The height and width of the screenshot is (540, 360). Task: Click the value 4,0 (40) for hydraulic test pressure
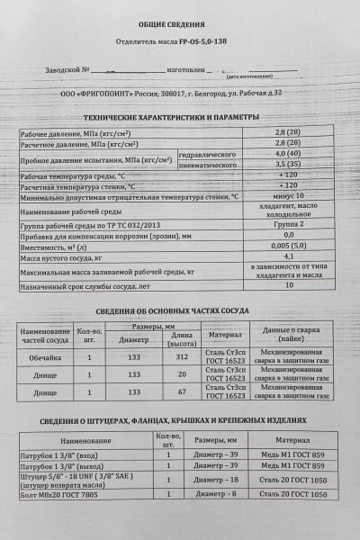tap(287, 154)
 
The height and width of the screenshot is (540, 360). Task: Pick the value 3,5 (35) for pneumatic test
tap(287, 166)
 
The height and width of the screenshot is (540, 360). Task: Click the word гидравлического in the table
tap(208, 154)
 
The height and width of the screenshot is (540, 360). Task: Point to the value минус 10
tap(287, 194)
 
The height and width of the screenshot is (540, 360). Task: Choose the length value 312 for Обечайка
tap(170, 356)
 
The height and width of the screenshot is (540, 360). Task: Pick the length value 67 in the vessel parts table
tap(170, 392)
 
